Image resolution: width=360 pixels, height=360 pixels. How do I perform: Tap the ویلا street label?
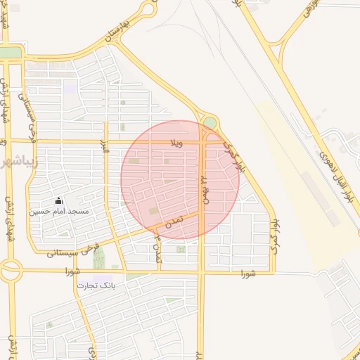(x=176, y=143)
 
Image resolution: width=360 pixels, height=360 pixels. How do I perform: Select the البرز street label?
(x=105, y=148)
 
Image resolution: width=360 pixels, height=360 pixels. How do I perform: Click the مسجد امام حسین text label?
(x=59, y=211)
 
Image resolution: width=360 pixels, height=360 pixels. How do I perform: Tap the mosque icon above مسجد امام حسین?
(x=58, y=201)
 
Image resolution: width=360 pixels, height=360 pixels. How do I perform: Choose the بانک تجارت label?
(x=98, y=286)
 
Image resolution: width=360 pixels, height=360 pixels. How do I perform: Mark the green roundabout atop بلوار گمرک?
(x=210, y=123)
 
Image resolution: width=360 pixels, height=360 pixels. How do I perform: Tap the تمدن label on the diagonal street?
(x=173, y=220)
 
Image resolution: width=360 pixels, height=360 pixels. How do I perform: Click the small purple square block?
(x=70, y=88)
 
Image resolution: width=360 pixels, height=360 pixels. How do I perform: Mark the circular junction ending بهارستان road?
(x=148, y=8)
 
